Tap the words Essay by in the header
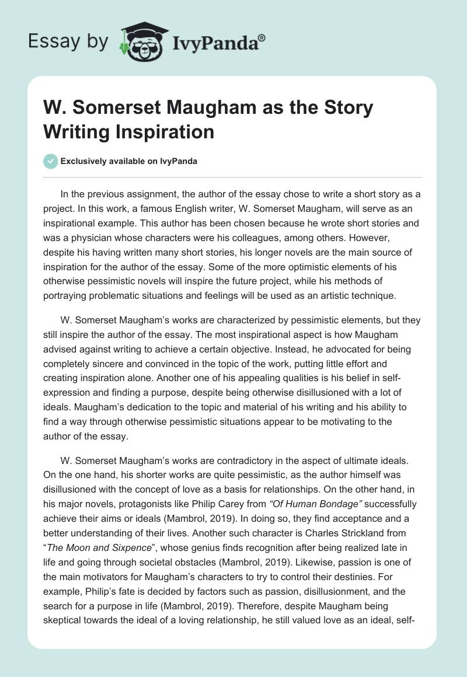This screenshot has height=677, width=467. click(68, 42)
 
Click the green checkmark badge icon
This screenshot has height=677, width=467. click(51, 161)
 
